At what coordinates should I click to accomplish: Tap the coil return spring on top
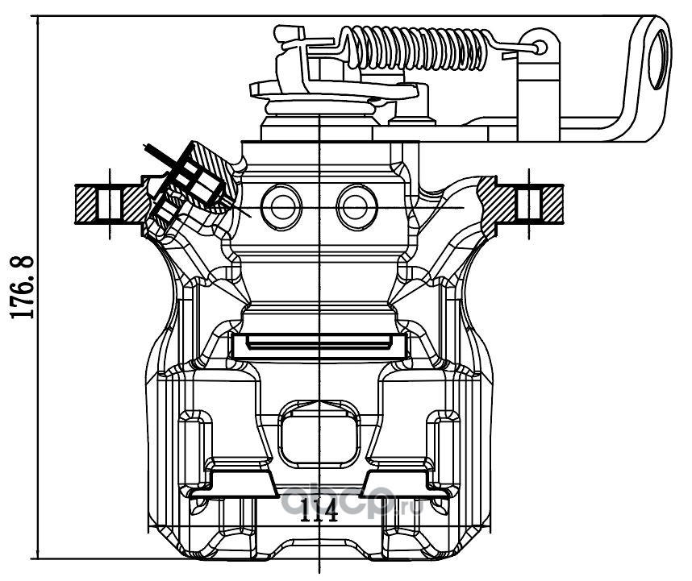point(419,48)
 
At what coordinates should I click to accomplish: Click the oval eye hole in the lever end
point(659,59)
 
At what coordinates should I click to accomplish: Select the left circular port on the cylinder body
point(281,207)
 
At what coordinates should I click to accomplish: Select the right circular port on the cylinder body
point(357,207)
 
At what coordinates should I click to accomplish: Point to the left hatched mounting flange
point(110,204)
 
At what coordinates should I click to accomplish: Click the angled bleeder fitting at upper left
point(190,185)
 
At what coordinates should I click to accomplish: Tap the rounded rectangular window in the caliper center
point(319,441)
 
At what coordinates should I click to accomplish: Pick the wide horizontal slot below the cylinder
point(319,346)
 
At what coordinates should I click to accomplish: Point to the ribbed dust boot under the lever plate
point(319,108)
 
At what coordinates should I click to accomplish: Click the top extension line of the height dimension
point(344,16)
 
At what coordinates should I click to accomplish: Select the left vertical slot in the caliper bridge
point(194,450)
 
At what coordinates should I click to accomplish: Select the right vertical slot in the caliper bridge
point(443,450)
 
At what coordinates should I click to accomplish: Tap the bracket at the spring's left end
point(305,57)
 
